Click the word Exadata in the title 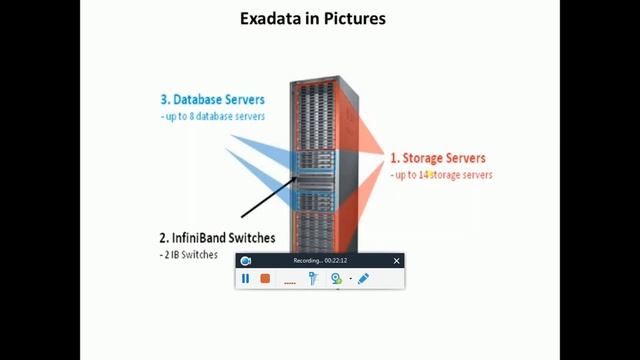coord(273,18)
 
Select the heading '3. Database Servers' coord(213,100)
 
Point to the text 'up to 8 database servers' coord(214,117)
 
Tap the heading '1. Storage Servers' coord(438,158)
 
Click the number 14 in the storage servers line coord(425,175)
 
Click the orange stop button coord(265,279)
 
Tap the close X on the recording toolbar coord(396,261)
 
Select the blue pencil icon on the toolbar coord(363,279)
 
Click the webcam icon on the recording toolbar coord(337,279)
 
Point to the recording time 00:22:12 coord(335,261)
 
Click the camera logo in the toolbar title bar coord(246,261)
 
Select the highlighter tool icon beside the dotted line coord(313,279)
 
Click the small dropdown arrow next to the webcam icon coord(350,280)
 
